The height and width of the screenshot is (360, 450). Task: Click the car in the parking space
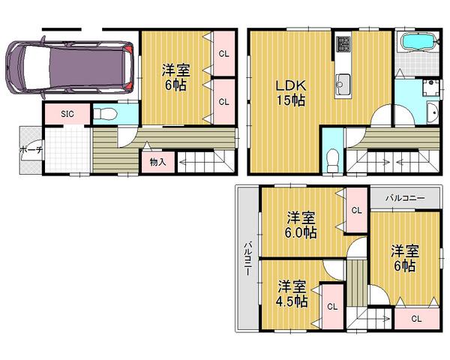[x=68, y=67]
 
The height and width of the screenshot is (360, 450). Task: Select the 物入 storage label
[x=157, y=160]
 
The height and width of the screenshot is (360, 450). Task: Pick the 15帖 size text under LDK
[x=292, y=101]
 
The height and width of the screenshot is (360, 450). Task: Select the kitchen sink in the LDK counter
[x=344, y=82]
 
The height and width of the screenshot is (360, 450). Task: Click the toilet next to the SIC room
[x=106, y=115]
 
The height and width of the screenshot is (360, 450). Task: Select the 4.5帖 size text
[x=291, y=301]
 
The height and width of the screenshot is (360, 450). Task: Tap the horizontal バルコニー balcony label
[x=406, y=199]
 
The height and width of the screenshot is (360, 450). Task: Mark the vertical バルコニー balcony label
[x=246, y=259]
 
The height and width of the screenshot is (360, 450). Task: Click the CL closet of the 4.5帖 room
[x=331, y=305]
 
